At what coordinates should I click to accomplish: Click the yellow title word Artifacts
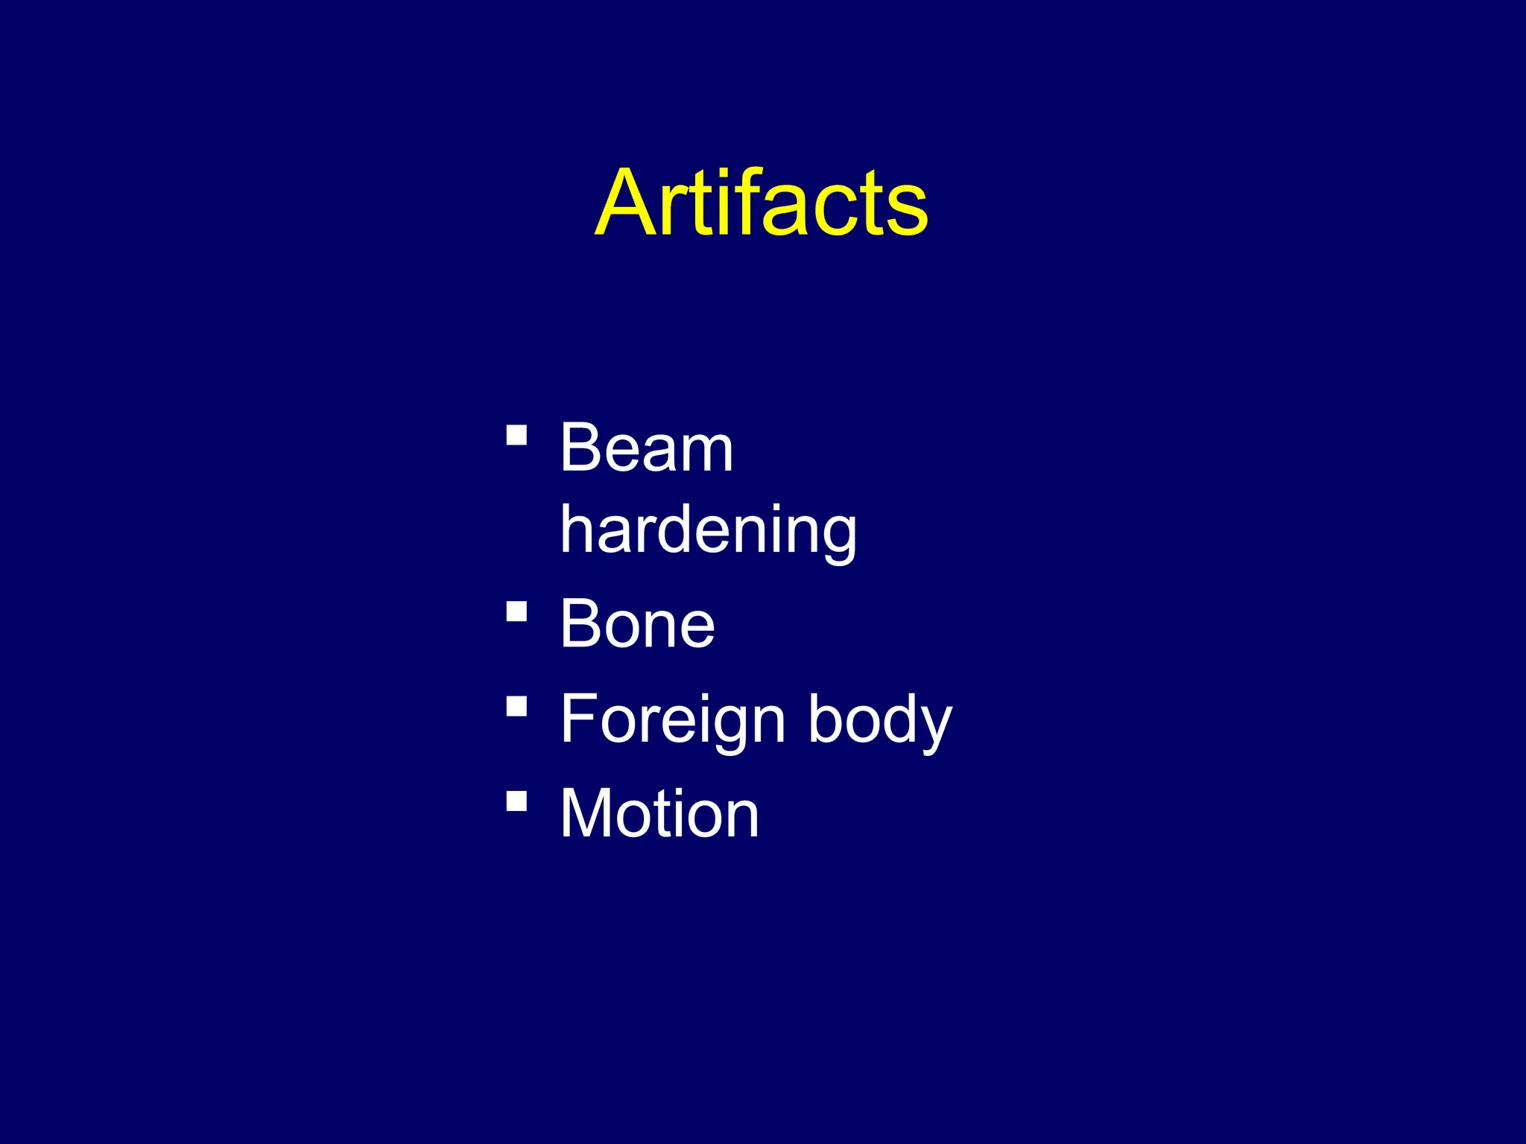762,203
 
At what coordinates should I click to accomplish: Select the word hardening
708,530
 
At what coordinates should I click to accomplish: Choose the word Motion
659,814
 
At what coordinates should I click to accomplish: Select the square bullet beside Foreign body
516,705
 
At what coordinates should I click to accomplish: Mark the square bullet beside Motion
516,801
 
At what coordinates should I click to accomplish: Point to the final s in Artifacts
907,212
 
